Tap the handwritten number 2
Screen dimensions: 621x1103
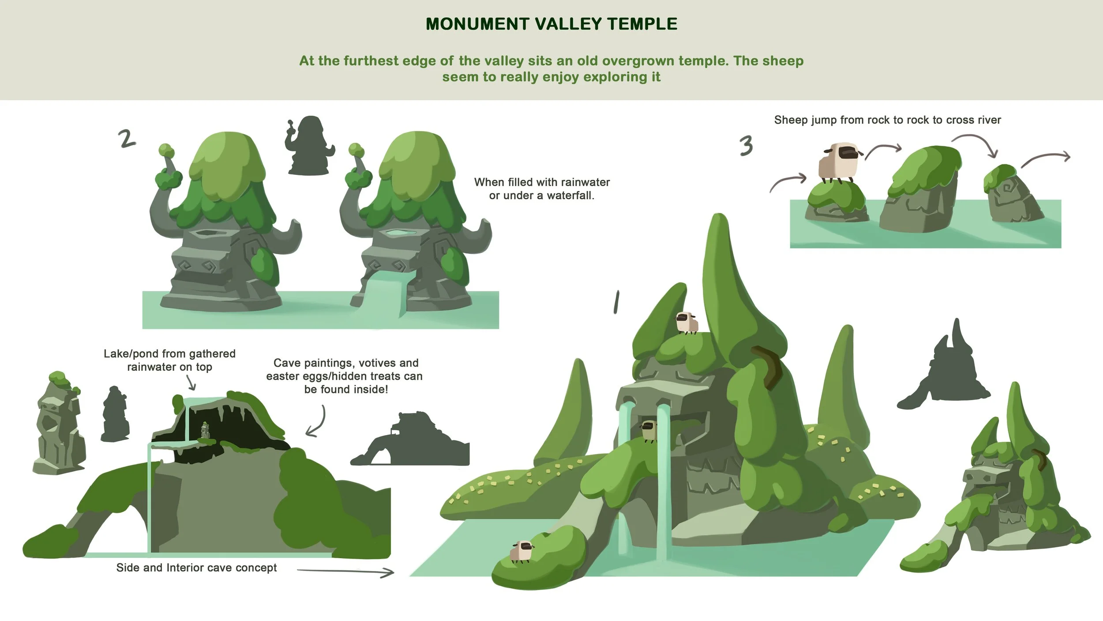(x=127, y=138)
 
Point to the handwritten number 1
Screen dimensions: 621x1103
(x=616, y=302)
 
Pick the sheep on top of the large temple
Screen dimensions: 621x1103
(x=687, y=323)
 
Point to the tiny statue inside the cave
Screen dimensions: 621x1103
(x=205, y=430)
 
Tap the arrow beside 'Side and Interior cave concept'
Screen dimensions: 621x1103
(x=345, y=572)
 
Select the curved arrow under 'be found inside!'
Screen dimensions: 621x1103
(x=318, y=422)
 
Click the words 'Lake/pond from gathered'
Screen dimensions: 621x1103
(x=169, y=354)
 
